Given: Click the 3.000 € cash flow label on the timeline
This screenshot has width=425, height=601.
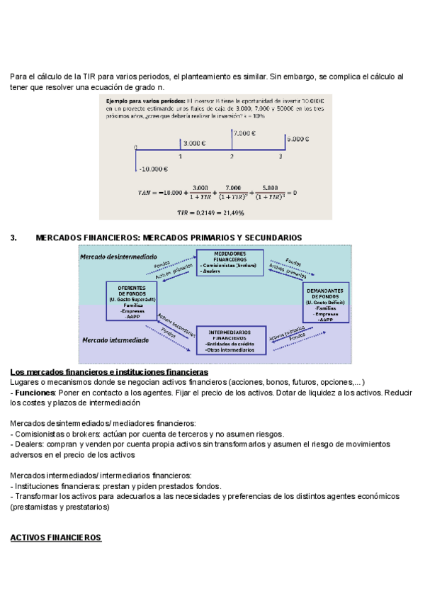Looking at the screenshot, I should tap(194, 142).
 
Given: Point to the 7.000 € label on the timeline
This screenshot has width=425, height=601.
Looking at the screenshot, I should tap(244, 133).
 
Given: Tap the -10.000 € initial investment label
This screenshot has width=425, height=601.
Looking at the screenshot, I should tap(153, 169).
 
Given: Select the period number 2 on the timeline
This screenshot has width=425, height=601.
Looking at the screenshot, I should tap(232, 156).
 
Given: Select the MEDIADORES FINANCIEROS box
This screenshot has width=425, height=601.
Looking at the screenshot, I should tap(229, 262).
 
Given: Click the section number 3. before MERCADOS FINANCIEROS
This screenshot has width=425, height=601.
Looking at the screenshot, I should tap(13, 237).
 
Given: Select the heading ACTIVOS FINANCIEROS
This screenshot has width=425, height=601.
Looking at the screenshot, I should tap(56, 538).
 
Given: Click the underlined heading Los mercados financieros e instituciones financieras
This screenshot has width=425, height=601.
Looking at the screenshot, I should tap(109, 372).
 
